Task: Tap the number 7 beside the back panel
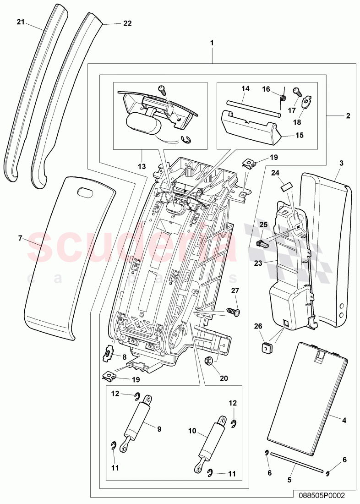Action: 20,238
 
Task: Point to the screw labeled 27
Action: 234,312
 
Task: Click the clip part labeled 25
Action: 262,242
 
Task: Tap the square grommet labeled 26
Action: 265,350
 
